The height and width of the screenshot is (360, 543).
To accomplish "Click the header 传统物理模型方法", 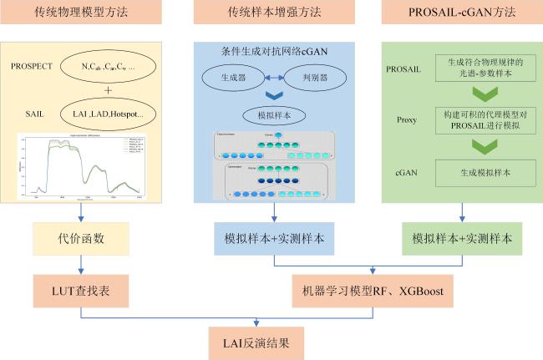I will pyautogui.click(x=80, y=13).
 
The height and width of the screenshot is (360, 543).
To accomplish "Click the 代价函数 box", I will pyautogui.click(x=80, y=238).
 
